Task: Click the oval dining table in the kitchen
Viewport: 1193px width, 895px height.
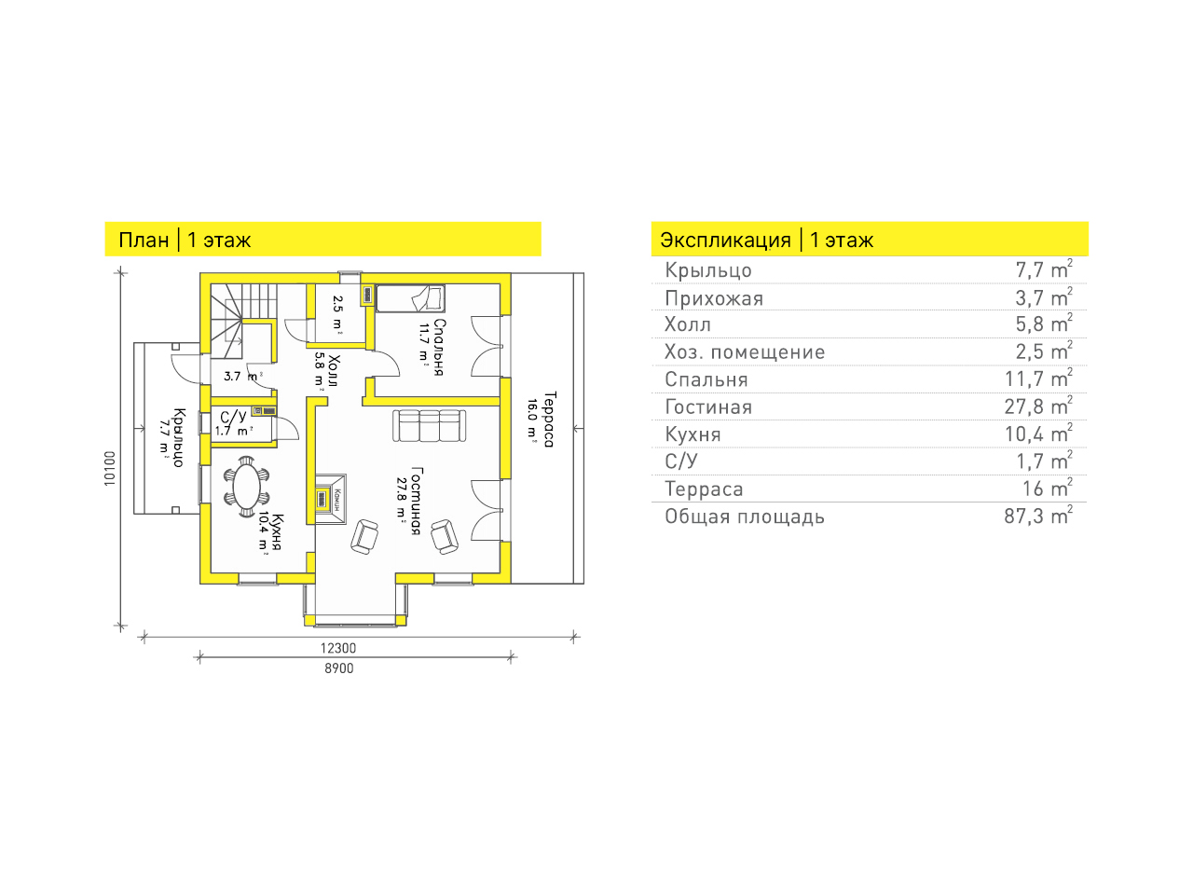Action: pyautogui.click(x=246, y=487)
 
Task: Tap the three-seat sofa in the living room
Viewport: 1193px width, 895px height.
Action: pyautogui.click(x=429, y=426)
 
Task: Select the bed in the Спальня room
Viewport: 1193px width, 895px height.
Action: pyautogui.click(x=410, y=299)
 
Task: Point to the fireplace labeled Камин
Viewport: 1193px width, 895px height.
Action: pyautogui.click(x=331, y=500)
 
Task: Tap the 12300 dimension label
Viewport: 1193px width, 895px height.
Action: pyautogui.click(x=338, y=648)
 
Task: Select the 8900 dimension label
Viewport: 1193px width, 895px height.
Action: pyautogui.click(x=339, y=668)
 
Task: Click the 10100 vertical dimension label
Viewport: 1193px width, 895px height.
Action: pyautogui.click(x=110, y=468)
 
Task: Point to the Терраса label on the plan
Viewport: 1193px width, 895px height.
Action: pyautogui.click(x=550, y=419)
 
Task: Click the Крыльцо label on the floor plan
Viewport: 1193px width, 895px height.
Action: pyautogui.click(x=179, y=437)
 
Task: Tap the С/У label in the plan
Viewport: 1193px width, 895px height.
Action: pyautogui.click(x=233, y=417)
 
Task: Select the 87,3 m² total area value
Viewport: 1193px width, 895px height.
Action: pyautogui.click(x=1038, y=516)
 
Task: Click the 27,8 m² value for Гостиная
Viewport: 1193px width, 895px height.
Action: pyautogui.click(x=1038, y=406)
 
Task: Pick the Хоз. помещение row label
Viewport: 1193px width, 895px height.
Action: pyautogui.click(x=745, y=352)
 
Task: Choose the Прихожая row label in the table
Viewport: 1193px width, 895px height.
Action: pyautogui.click(x=714, y=298)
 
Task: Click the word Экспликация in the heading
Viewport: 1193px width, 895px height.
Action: pyautogui.click(x=725, y=241)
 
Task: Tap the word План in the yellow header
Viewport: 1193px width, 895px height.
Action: pyautogui.click(x=144, y=241)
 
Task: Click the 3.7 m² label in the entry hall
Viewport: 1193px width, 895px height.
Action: pyautogui.click(x=243, y=376)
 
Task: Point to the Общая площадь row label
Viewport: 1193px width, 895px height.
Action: pyautogui.click(x=745, y=516)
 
